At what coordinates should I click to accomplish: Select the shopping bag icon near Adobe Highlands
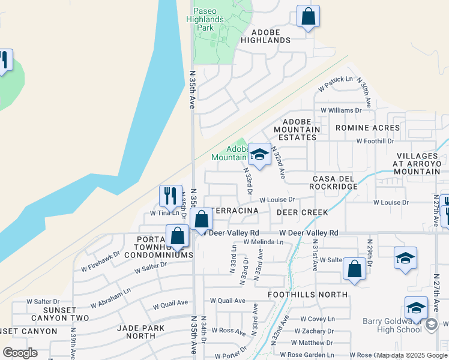click(308, 17)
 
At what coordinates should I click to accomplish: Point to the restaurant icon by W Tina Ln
click(170, 196)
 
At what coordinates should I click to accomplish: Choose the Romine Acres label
click(367, 128)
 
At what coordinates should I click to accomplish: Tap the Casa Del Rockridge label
click(334, 182)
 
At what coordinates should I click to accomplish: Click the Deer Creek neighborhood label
click(303, 212)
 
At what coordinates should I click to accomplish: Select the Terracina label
click(235, 211)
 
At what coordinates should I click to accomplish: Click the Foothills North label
click(307, 295)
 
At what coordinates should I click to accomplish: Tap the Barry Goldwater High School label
click(393, 325)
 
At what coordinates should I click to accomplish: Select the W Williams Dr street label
click(341, 110)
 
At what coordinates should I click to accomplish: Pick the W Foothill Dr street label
click(375, 141)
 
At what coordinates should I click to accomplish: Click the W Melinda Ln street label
click(263, 242)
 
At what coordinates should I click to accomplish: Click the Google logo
click(20, 353)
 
